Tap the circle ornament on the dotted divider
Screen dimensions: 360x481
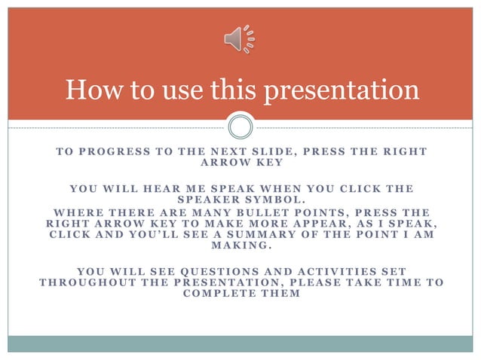tap(240, 127)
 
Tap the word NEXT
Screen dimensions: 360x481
tap(224, 151)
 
